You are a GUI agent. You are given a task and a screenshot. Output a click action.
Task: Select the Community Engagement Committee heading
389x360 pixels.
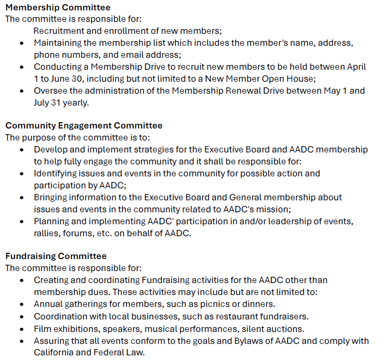pyautogui.click(x=84, y=125)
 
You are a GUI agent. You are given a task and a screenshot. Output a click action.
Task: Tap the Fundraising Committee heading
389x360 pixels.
pyautogui.click(x=56, y=256)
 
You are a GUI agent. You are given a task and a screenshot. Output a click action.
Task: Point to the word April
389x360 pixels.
pyautogui.click(x=355, y=67)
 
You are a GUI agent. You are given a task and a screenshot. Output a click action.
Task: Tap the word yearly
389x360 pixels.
pyautogui.click(x=76, y=102)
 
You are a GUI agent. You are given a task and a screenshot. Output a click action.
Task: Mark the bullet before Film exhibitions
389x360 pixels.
pyautogui.click(x=21, y=329)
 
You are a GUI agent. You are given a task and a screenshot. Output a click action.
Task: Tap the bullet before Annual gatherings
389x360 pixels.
pyautogui.click(x=21, y=304)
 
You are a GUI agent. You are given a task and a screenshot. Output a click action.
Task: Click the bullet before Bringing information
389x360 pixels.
pyautogui.click(x=21, y=197)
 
